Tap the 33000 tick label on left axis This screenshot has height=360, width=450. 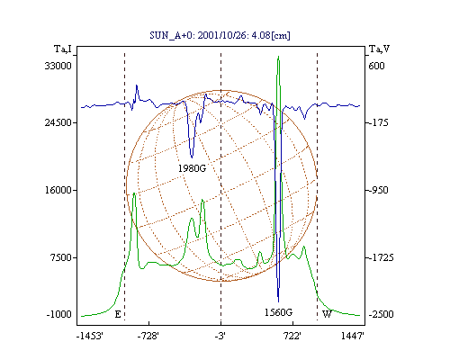click(58, 66)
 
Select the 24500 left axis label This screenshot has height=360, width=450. click(58, 122)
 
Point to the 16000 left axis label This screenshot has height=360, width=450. click(58, 190)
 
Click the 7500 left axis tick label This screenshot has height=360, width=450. click(61, 257)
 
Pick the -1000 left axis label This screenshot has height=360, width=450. click(59, 314)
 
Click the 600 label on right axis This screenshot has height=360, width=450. click(376, 66)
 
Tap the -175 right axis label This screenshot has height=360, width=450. click(379, 122)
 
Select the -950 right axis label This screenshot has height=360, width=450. click(379, 190)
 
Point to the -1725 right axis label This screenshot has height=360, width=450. click(381, 257)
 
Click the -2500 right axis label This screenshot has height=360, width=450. click(381, 314)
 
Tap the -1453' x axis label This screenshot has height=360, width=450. click(90, 336)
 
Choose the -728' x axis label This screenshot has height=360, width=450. click(148, 336)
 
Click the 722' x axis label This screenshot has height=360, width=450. click(292, 336)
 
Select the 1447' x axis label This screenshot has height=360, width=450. click(353, 336)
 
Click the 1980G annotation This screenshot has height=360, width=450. click(193, 168)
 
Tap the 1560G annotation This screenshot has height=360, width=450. click(278, 312)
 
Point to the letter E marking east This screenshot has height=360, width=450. click(118, 314)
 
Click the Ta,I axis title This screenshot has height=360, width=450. click(63, 49)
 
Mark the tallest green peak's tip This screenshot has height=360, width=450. click(279, 56)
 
